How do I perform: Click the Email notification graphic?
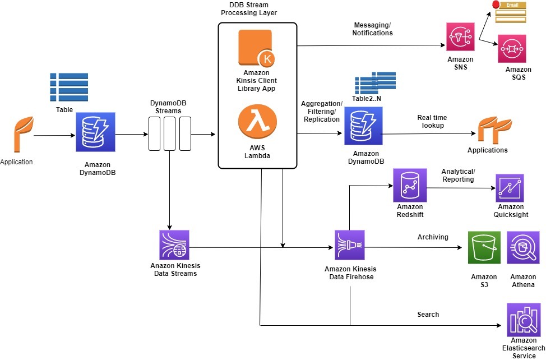508,12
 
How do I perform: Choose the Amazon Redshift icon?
410,185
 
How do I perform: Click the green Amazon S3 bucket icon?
484,247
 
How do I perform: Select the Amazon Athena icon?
524,247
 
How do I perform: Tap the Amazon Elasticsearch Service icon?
524,320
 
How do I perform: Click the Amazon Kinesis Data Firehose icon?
350,246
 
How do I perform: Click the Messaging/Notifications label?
372,29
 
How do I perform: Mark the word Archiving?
432,237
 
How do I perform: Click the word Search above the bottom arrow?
428,315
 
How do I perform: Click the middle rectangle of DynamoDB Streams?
170,133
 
